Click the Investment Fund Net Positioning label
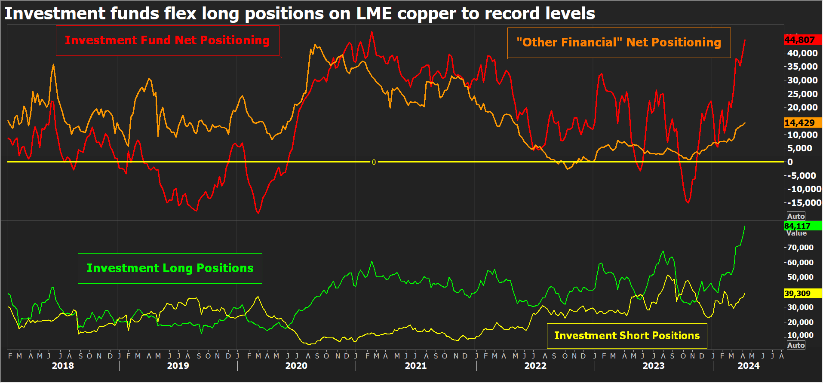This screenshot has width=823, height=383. click(167, 40)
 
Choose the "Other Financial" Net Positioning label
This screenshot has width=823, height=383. click(619, 43)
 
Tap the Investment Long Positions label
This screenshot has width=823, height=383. click(170, 268)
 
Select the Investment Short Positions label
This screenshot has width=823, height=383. click(627, 336)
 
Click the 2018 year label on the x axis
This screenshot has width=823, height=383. click(63, 366)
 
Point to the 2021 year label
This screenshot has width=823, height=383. click(415, 366)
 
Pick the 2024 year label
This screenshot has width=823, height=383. click(749, 366)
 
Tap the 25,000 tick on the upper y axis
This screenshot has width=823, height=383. click(802, 94)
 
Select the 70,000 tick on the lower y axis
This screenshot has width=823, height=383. click(800, 248)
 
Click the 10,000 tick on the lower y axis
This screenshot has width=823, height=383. click(800, 335)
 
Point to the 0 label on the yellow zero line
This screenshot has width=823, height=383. click(374, 162)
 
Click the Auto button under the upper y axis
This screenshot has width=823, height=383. click(796, 216)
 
